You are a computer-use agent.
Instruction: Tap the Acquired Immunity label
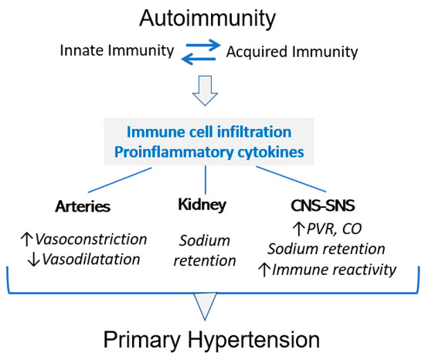coord(292,53)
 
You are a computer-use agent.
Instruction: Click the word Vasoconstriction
coord(89,239)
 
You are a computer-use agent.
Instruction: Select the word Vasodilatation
coord(87,260)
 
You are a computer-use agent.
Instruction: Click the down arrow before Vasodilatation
coord(30,260)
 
